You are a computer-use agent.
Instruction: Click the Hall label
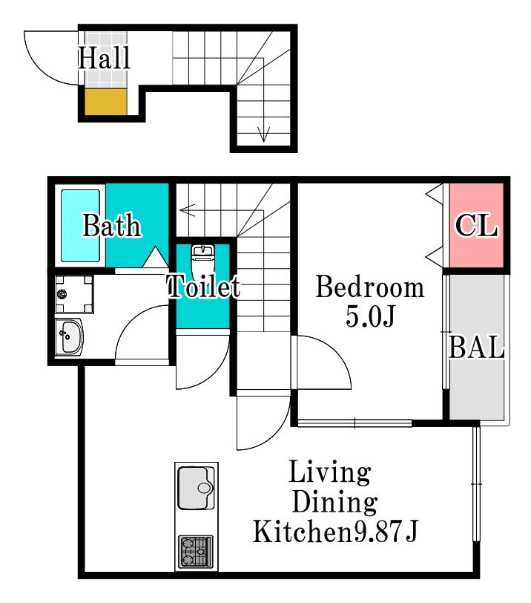coord(104,58)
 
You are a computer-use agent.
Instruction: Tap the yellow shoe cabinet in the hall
coord(105,102)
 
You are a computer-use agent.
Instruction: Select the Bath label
coord(112,225)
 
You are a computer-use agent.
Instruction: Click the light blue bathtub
coord(80,226)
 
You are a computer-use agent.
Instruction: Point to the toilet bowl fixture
coord(202,260)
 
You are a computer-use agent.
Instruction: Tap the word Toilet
coord(204,286)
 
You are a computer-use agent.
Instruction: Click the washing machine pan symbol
coord(74,294)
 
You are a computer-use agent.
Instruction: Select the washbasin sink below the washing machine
coord(69,337)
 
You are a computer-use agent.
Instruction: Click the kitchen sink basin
coord(197,488)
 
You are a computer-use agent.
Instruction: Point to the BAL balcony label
coord(476,347)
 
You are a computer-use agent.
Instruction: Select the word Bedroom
coord(370,287)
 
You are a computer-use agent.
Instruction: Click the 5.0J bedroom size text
coord(370,316)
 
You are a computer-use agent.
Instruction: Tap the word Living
coord(330,472)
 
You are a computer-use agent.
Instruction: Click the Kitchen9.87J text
coord(334,531)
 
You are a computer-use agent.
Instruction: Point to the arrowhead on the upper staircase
coord(263,134)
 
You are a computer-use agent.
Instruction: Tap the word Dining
coord(334,502)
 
